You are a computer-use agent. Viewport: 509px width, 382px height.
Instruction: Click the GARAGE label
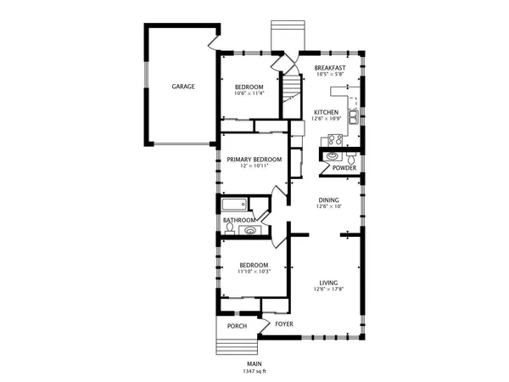point(183,87)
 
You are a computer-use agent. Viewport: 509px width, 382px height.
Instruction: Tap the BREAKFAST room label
point(330,68)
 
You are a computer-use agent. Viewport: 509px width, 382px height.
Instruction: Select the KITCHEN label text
point(327,112)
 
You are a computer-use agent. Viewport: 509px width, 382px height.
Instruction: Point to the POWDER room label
point(344,167)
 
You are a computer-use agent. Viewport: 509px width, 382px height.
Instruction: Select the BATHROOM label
point(239,220)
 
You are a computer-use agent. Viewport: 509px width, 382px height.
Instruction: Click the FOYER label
point(284,324)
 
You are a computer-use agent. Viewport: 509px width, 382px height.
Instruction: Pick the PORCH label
point(237,325)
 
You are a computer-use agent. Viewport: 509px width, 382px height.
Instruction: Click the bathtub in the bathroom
point(234,205)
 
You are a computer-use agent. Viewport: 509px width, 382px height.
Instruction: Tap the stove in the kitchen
point(334,141)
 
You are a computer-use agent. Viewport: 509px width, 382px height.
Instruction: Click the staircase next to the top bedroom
point(293,87)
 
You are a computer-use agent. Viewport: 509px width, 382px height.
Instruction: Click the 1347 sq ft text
point(254,371)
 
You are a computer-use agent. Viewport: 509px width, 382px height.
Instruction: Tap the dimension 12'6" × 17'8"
point(328,290)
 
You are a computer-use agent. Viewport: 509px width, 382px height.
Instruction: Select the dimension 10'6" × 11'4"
point(249,94)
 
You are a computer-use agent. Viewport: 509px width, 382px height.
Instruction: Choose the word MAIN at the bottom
point(254,363)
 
